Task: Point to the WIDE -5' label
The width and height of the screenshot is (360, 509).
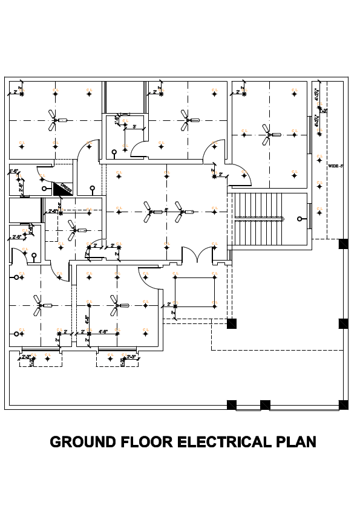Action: [x=336, y=165]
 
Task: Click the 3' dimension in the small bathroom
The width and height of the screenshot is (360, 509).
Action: [x=134, y=126]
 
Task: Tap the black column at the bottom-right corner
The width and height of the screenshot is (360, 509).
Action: [x=344, y=404]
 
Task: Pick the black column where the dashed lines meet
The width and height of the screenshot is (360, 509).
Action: [x=231, y=323]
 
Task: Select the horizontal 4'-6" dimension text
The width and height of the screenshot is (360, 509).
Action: [x=103, y=331]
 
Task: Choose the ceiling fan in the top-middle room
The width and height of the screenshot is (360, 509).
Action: [x=186, y=120]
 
